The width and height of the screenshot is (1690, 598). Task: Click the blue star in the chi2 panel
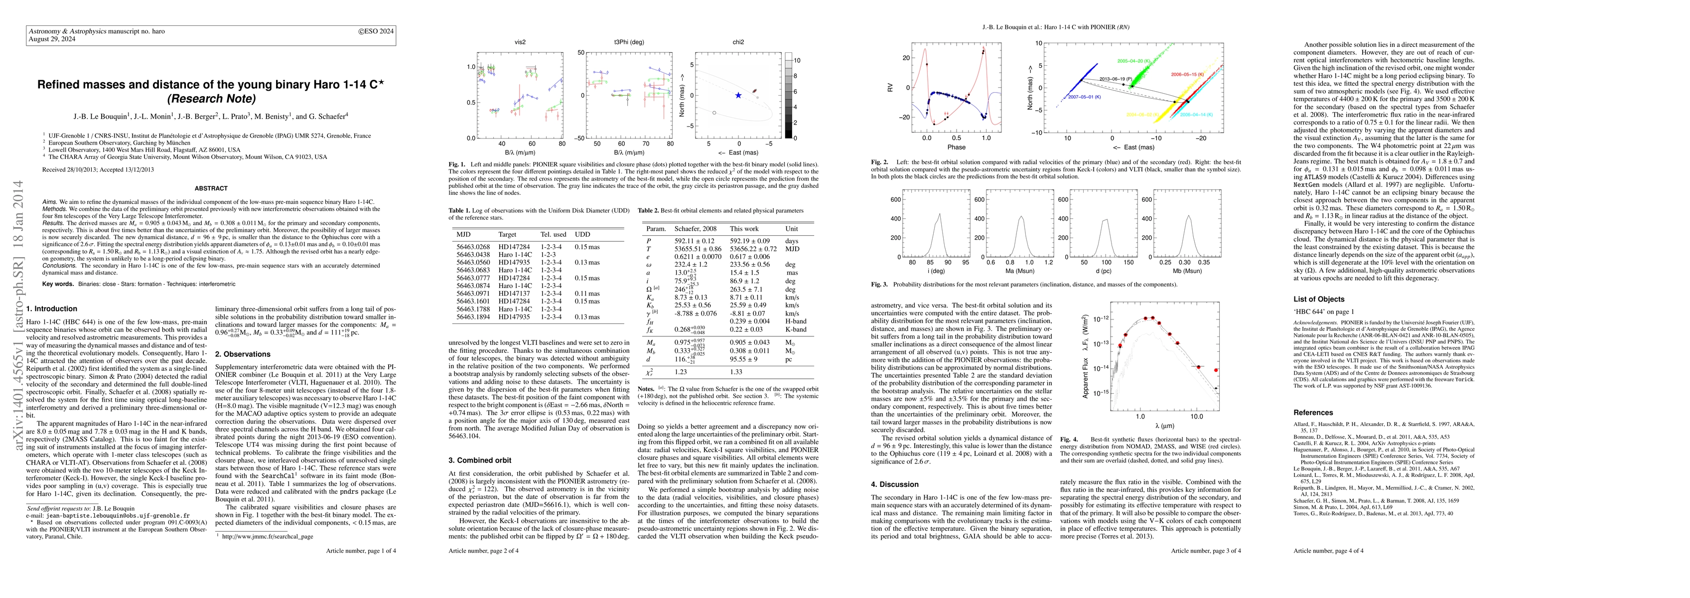coord(738,95)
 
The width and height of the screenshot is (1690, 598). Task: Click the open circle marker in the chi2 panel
coord(714,113)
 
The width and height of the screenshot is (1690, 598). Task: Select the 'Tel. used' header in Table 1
coord(554,234)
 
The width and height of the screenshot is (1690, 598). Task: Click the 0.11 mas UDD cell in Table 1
coord(587,294)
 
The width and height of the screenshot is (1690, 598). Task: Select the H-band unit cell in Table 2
coord(797,321)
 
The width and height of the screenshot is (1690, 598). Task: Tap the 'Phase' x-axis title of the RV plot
coord(956,147)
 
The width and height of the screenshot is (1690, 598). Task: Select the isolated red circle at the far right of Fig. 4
coord(1216,370)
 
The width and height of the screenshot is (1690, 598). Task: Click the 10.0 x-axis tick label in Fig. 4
coord(1196,417)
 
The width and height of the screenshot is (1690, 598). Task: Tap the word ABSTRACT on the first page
coord(211,188)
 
